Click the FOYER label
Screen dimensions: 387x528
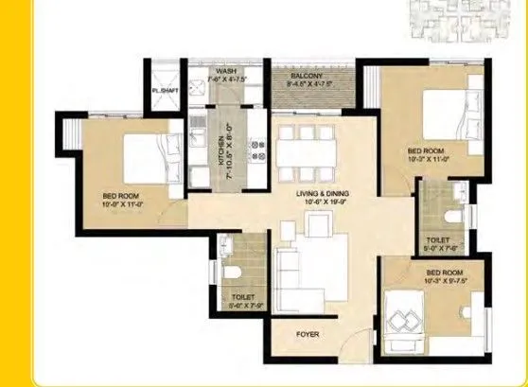coord(307,334)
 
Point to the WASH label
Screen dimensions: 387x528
coord(226,70)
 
